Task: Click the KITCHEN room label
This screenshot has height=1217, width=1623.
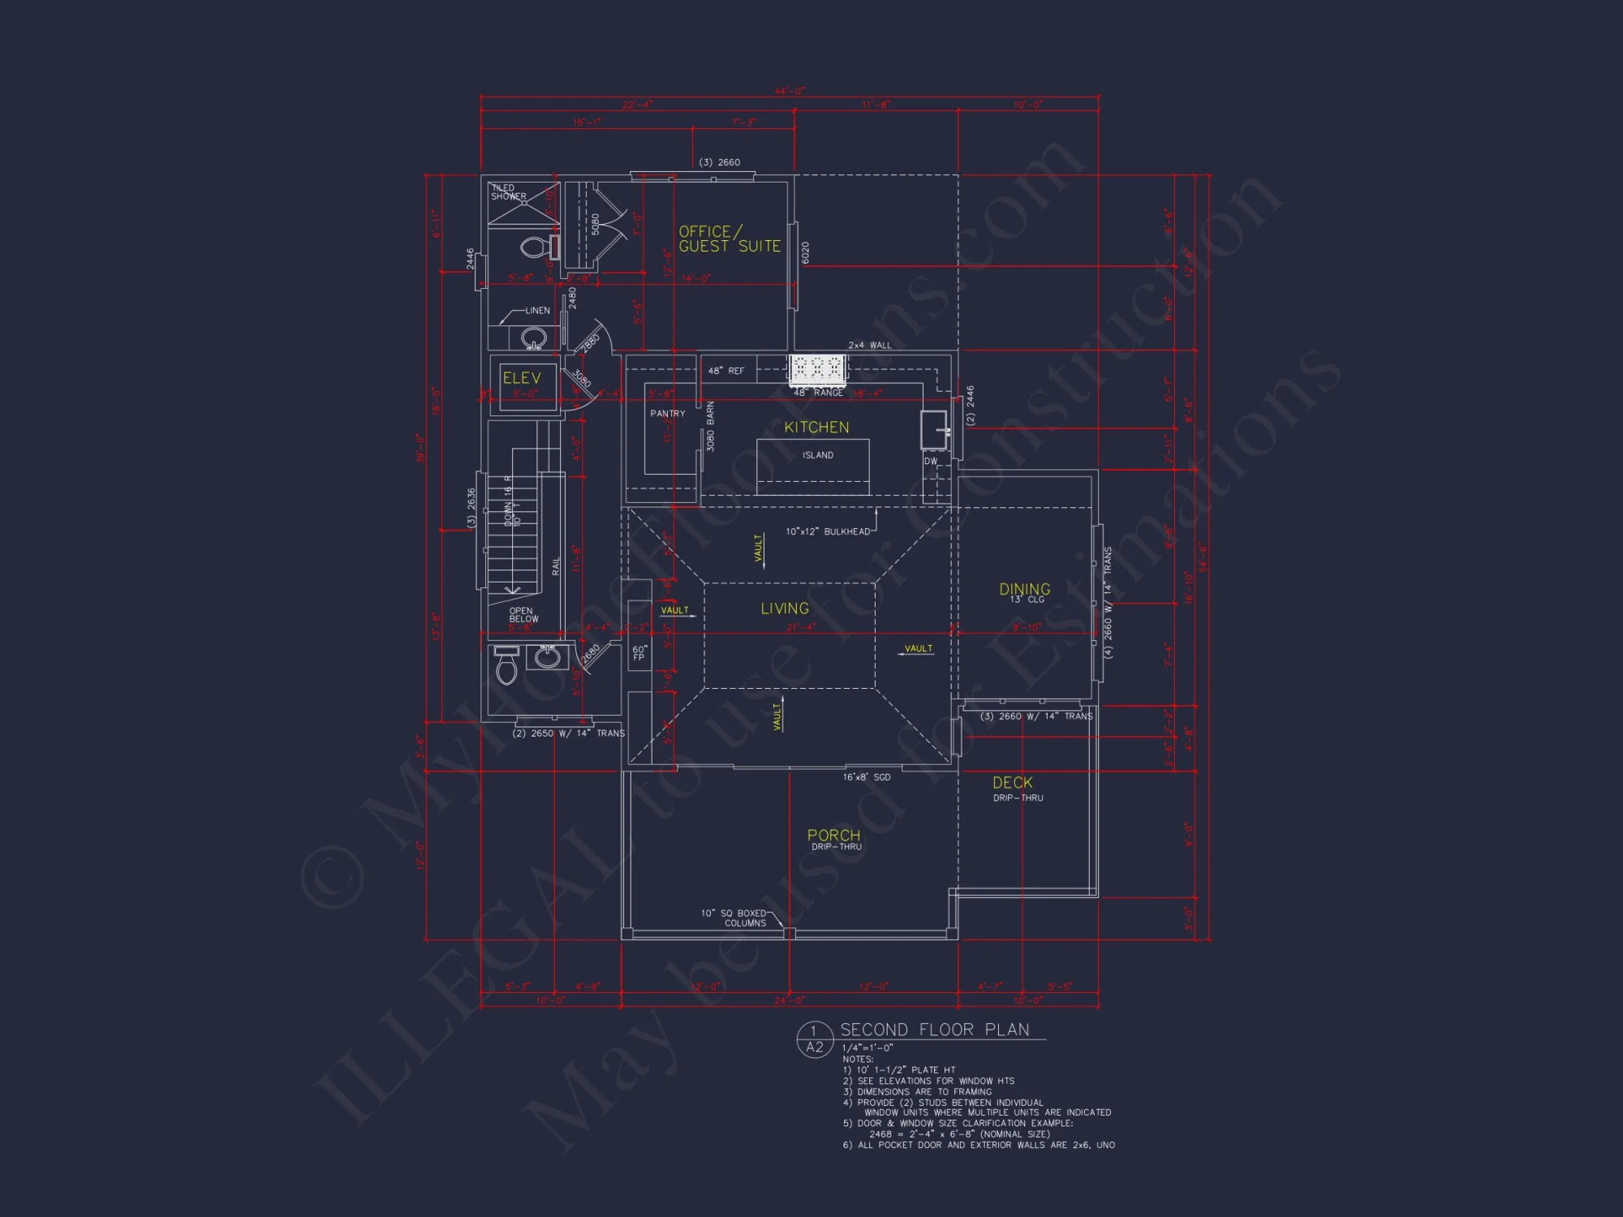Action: click(816, 428)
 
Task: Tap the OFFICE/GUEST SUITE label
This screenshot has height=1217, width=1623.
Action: click(730, 239)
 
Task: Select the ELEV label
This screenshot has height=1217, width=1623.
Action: click(521, 378)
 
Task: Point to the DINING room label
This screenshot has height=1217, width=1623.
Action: click(1024, 590)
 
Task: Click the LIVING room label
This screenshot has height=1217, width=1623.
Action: click(785, 608)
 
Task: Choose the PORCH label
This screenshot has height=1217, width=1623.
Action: click(833, 836)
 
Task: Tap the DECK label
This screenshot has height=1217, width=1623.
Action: click(1012, 783)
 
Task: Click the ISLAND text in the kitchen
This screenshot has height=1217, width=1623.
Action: click(818, 455)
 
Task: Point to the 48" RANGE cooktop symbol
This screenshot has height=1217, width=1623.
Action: click(817, 369)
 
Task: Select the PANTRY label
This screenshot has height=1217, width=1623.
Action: click(667, 414)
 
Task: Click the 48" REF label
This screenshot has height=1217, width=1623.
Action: click(725, 371)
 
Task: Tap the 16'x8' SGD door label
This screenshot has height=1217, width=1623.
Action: click(866, 777)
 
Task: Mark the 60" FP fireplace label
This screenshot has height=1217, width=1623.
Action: click(639, 653)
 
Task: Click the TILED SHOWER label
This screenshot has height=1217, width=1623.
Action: click(508, 192)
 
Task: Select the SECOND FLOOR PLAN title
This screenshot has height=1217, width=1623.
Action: click(934, 1030)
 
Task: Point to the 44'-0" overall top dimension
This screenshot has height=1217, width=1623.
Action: click(789, 91)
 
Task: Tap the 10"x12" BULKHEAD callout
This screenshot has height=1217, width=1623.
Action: click(827, 531)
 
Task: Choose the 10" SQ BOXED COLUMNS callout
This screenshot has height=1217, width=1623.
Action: click(734, 918)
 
